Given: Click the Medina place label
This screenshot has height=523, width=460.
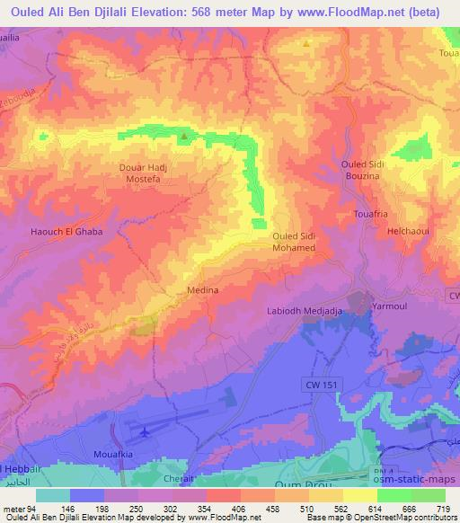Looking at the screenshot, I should click(x=201, y=291).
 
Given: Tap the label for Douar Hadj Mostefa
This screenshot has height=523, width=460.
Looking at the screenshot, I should click(x=146, y=173).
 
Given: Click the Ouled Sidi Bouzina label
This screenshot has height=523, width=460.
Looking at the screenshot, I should click(x=367, y=170).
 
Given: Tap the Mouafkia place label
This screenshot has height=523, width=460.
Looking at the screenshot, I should click(x=114, y=455).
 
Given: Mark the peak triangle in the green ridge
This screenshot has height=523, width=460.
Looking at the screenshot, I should click(x=184, y=137).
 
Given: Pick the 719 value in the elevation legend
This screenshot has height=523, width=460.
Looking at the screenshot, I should click(x=444, y=509).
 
